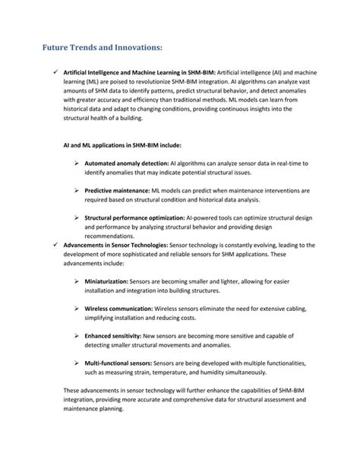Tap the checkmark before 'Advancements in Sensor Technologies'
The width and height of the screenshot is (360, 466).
click(49, 246)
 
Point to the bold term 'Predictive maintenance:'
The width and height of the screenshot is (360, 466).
click(114, 190)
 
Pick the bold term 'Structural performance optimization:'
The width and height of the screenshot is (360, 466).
click(134, 217)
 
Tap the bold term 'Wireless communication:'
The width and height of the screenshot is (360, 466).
click(118, 309)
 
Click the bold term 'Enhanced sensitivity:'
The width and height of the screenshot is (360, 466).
click(113, 335)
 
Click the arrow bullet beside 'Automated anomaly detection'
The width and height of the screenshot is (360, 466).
click(77, 163)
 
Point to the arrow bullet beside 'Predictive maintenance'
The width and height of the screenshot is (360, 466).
click(77, 190)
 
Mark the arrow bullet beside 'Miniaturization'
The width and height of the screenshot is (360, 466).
click(77, 281)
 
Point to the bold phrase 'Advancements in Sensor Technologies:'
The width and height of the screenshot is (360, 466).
click(112, 246)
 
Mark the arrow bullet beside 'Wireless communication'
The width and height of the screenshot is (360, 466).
click(77, 309)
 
